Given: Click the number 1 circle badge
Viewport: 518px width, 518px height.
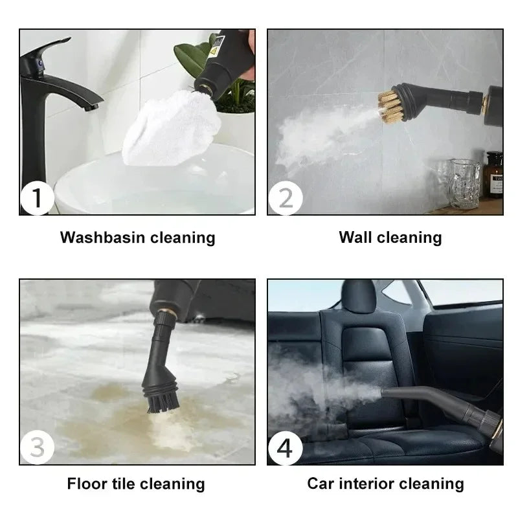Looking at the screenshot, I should pyautogui.click(x=37, y=198).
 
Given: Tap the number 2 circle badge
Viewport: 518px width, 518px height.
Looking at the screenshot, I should pyautogui.click(x=286, y=198).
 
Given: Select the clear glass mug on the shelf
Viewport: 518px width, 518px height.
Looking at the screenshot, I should pyautogui.click(x=465, y=183).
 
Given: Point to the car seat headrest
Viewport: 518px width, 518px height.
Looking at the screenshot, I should pyautogui.click(x=359, y=296).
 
